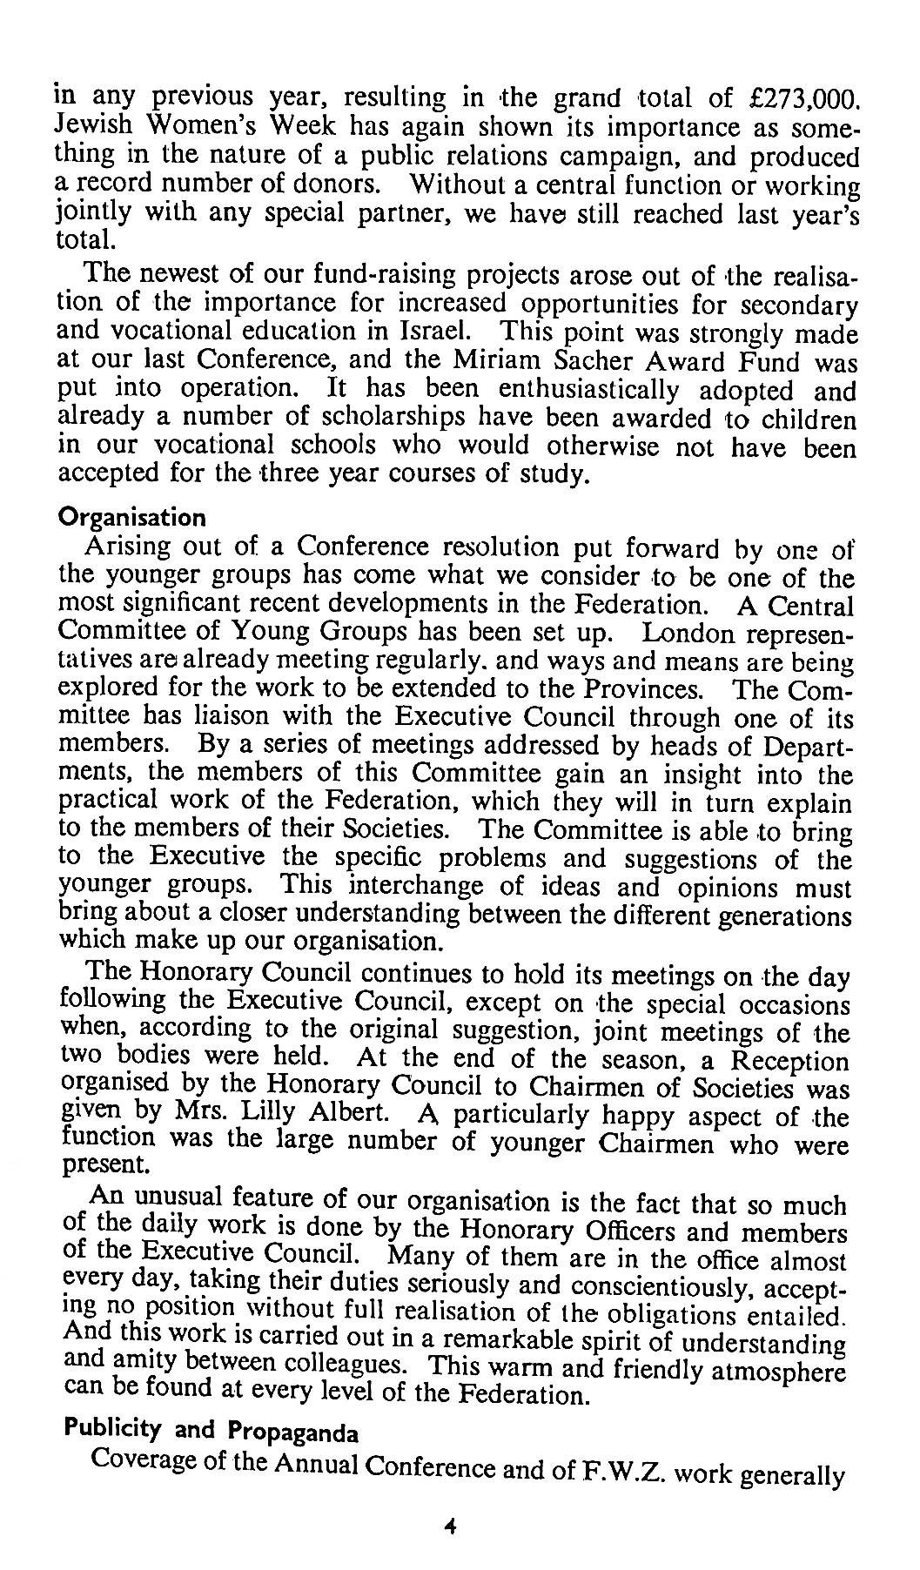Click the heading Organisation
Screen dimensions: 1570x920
(131, 518)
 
